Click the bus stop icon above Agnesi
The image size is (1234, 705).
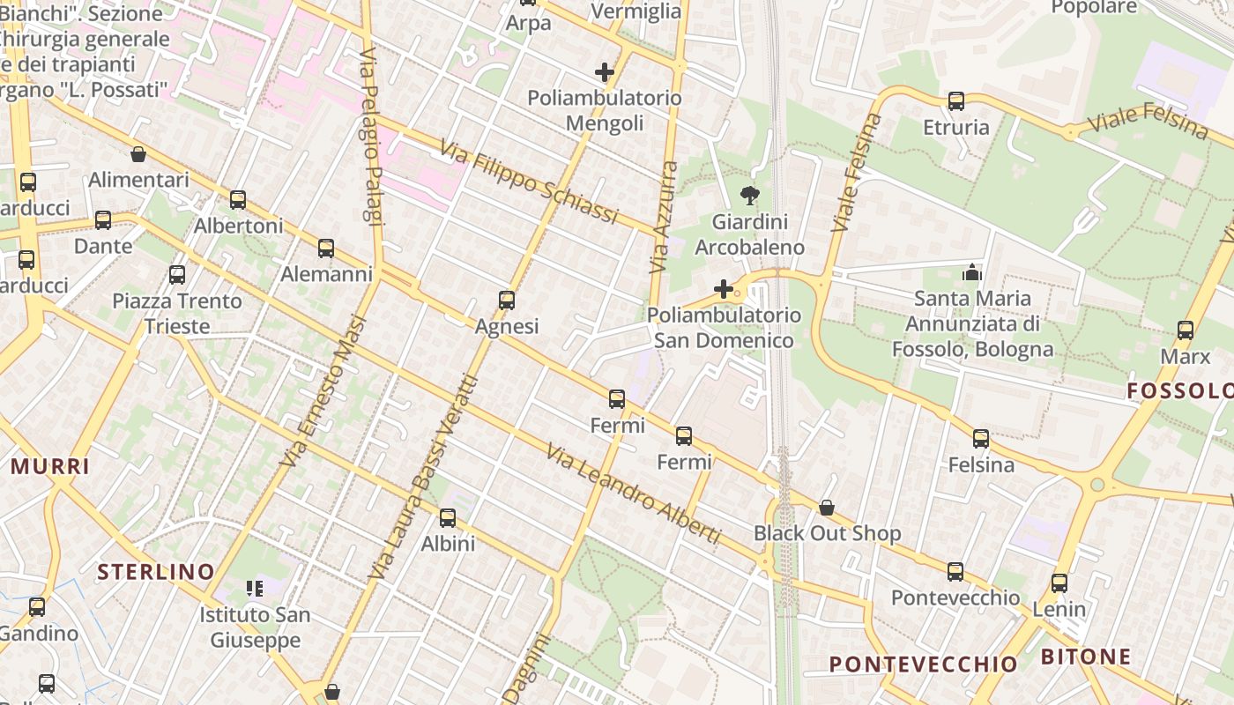507,301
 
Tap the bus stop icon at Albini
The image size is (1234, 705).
448,518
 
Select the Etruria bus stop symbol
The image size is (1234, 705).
956,101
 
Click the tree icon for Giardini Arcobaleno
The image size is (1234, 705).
750,196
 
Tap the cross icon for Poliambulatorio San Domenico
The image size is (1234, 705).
724,289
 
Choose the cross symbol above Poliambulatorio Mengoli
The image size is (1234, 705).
605,72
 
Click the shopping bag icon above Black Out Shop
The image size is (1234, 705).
827,508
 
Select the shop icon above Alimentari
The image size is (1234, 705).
138,154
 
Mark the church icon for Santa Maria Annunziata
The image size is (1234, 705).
972,272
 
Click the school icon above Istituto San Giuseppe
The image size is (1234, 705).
255,588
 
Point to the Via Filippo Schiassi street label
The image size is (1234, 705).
528,183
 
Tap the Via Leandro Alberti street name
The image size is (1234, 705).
633,494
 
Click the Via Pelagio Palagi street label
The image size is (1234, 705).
372,137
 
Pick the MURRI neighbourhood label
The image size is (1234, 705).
49,466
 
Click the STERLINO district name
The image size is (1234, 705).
156,572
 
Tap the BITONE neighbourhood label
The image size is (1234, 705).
1086,657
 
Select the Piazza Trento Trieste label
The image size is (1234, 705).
177,314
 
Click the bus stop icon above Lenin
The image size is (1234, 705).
1059,583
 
